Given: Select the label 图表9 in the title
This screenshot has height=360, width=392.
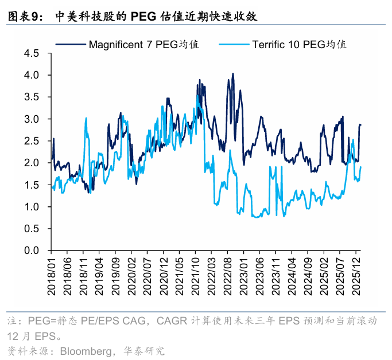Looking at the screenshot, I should [24, 17].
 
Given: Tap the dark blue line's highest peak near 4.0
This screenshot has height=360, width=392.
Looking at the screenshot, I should [232, 73].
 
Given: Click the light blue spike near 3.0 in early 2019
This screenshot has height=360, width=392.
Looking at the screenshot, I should [86, 118].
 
